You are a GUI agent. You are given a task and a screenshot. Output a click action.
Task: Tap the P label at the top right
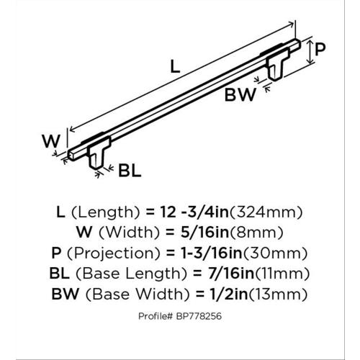(x=321, y=50)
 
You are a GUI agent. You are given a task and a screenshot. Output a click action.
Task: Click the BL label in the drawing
(x=128, y=171)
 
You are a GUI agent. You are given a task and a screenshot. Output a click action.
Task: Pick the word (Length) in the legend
(x=104, y=212)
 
